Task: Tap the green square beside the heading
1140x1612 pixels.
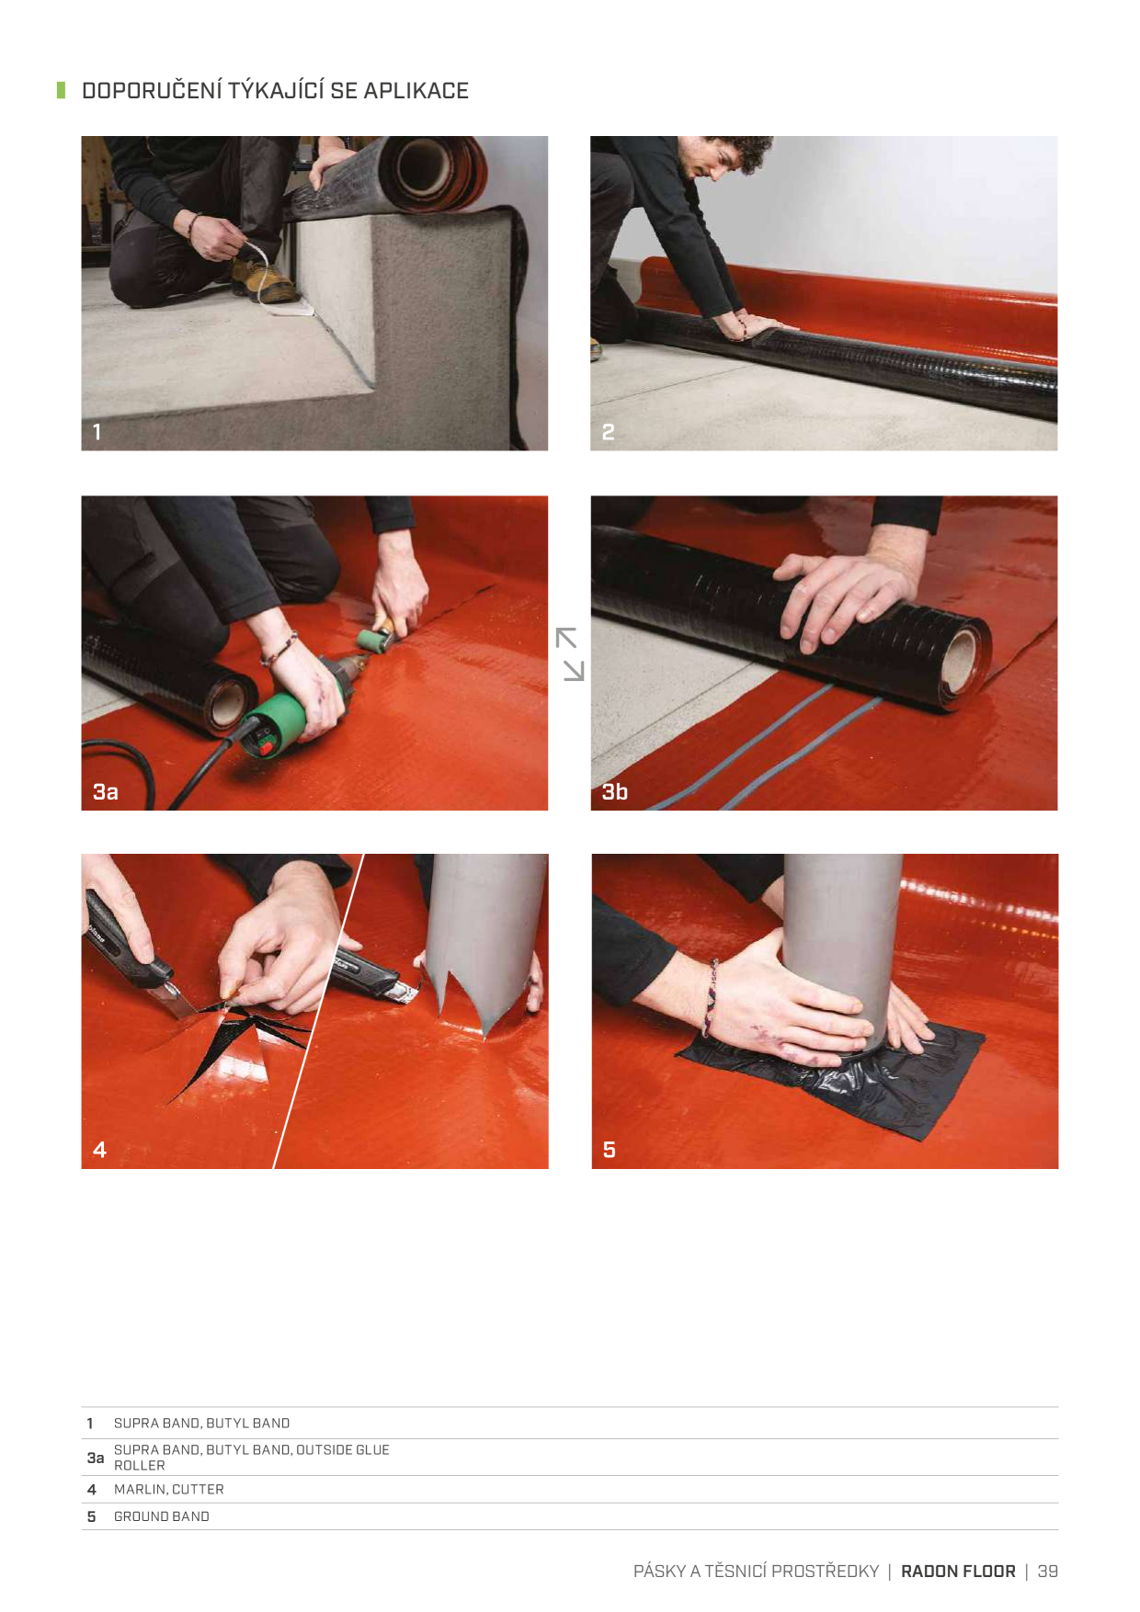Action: pyautogui.click(x=62, y=90)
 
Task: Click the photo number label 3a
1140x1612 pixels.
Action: pyautogui.click(x=106, y=791)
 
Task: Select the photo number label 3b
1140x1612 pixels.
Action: pyautogui.click(x=615, y=791)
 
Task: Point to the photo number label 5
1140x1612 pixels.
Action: pyautogui.click(x=609, y=1150)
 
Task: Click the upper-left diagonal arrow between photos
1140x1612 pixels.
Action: pyautogui.click(x=565, y=638)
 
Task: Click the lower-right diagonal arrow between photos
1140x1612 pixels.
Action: pyautogui.click(x=574, y=670)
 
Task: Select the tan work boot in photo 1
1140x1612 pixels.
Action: pyautogui.click(x=263, y=279)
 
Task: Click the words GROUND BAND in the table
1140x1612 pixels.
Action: pyautogui.click(x=162, y=1516)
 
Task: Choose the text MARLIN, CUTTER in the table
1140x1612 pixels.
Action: pyautogui.click(x=169, y=1489)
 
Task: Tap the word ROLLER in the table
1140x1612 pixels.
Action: pyautogui.click(x=140, y=1466)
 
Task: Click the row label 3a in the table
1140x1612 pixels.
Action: pyautogui.click(x=96, y=1458)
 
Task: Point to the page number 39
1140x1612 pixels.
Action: pyautogui.click(x=1048, y=1572)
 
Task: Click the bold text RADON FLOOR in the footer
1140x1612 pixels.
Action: pyautogui.click(x=958, y=1572)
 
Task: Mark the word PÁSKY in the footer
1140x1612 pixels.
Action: pyautogui.click(x=659, y=1572)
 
